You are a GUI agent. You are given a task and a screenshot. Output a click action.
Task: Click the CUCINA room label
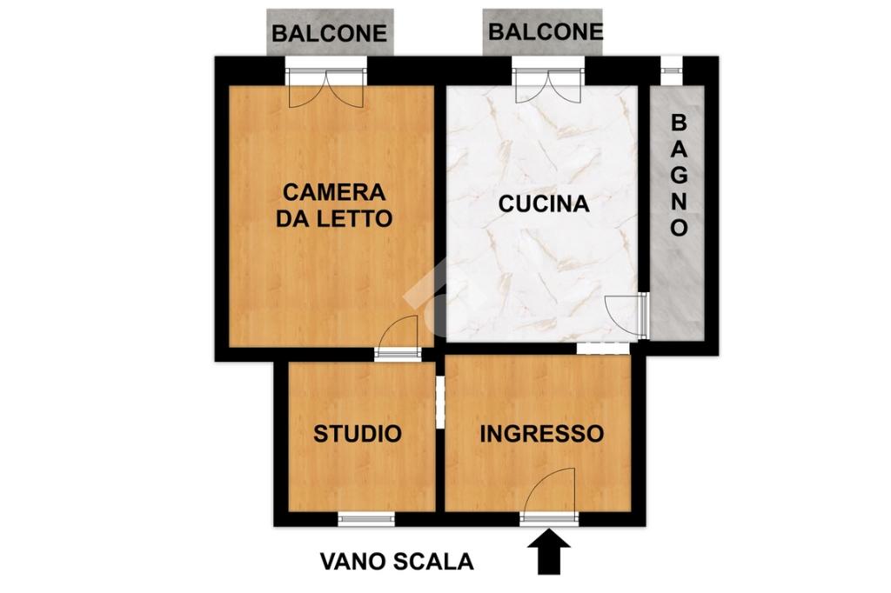pos(543,203)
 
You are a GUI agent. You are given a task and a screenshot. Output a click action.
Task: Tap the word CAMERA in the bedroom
pos(334,192)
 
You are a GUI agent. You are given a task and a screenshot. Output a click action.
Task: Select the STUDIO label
pos(358,433)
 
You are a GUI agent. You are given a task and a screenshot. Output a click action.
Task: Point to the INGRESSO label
pos(541,433)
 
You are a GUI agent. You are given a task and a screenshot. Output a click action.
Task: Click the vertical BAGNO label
pos(679,175)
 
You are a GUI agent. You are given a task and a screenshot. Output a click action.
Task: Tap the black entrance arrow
pos(548,552)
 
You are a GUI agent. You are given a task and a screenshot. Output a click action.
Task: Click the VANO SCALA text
pos(397,562)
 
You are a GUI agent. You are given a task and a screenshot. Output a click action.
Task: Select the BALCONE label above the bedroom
pos(330,33)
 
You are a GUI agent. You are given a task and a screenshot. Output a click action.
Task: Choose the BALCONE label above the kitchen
pos(545,31)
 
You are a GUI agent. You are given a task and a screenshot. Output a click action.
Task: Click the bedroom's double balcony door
pos(326,88)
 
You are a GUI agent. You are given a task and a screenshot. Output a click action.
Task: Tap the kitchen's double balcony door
pos(549,85)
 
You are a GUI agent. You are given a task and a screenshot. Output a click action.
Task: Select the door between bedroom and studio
pos(398,338)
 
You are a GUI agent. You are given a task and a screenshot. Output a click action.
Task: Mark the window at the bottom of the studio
pos(366,518)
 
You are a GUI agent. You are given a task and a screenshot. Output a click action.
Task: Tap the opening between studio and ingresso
pos(439,403)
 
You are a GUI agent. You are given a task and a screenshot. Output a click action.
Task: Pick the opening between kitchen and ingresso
pos(603,348)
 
